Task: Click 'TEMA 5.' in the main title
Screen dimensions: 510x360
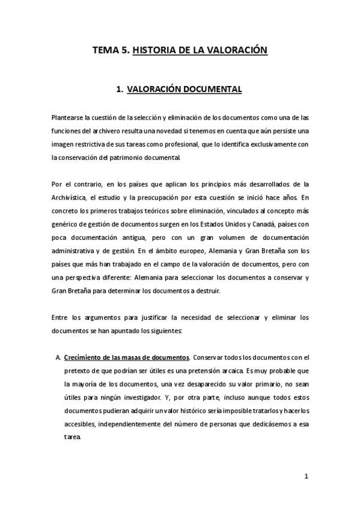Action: click(110, 52)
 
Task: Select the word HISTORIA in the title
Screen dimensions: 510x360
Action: click(154, 52)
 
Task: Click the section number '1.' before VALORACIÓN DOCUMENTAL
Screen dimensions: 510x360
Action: click(120, 89)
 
